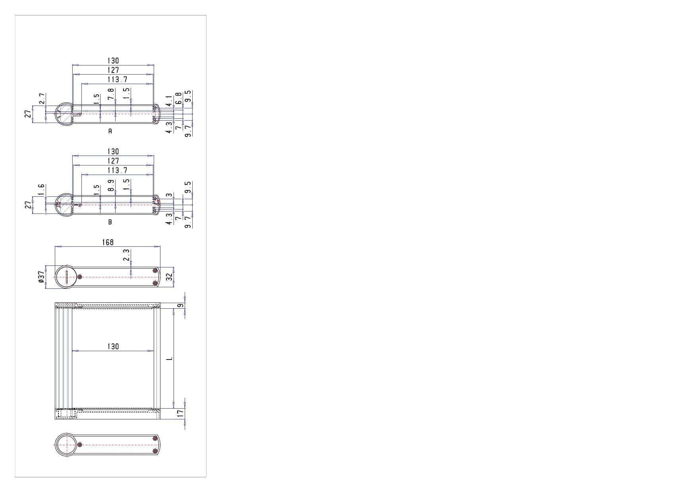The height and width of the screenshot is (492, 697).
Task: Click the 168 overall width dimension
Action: tap(108, 242)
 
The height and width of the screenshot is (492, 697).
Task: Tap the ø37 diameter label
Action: tap(41, 277)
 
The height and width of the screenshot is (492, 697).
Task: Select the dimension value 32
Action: tap(170, 277)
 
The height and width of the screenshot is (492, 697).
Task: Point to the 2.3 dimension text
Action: tap(126, 255)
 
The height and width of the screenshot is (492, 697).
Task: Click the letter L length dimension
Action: tap(170, 358)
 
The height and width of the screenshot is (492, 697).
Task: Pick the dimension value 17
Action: tap(180, 413)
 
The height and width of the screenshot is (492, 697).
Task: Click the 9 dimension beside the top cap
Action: tap(180, 306)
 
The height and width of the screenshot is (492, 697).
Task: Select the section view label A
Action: tap(110, 131)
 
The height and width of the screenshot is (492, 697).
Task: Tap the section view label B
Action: tap(110, 222)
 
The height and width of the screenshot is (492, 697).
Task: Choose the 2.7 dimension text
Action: tap(42, 99)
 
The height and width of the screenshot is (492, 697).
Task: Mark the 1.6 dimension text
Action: tap(42, 190)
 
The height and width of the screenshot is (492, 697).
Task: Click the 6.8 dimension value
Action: tap(179, 98)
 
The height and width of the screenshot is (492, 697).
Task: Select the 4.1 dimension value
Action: tap(169, 101)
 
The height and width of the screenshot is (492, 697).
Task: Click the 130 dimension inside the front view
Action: tap(113, 346)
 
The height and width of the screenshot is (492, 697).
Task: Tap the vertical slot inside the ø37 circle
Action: tap(67, 277)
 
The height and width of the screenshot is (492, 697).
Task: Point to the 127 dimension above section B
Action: tap(113, 161)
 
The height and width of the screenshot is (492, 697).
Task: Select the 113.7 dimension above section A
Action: tap(118, 79)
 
